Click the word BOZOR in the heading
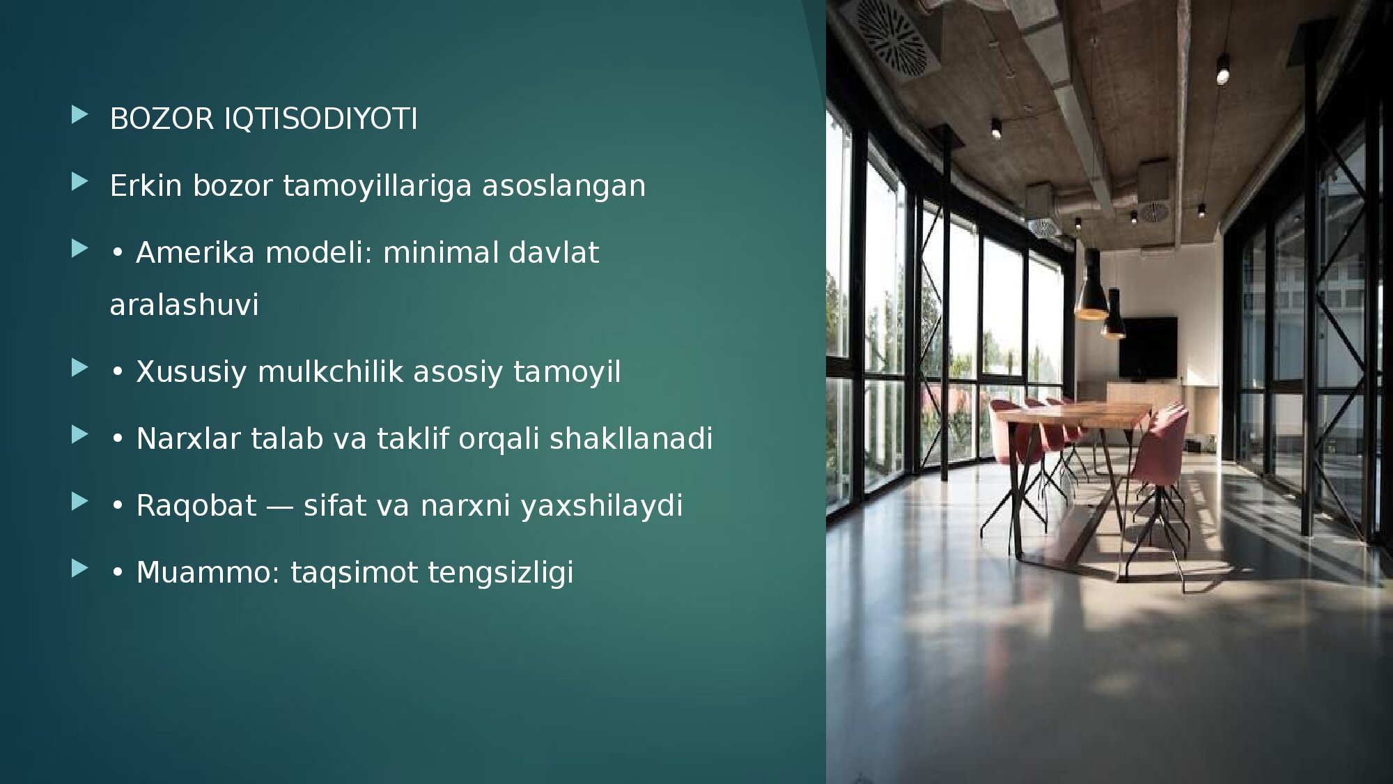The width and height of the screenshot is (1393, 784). click(x=162, y=118)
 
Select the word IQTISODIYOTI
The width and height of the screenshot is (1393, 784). click(x=320, y=118)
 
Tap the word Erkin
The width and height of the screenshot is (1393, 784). click(x=146, y=185)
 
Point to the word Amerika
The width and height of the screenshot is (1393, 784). click(x=196, y=252)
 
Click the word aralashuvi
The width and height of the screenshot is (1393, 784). click(x=184, y=305)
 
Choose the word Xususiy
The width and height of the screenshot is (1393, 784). click(x=192, y=372)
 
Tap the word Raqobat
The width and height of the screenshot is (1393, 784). click(x=196, y=505)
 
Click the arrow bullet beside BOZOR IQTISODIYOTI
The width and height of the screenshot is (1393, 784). click(x=80, y=115)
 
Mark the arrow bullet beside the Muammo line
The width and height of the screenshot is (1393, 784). click(x=80, y=569)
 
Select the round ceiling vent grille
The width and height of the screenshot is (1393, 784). click(x=892, y=36)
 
